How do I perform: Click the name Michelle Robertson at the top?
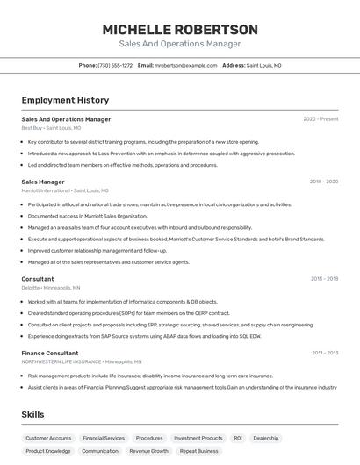point(180,30)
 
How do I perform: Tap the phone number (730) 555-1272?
point(115,65)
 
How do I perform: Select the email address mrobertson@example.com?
point(186,65)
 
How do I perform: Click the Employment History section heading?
point(65,100)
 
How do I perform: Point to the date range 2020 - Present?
point(320,118)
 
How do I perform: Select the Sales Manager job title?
point(43,182)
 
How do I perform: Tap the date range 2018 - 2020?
point(323,182)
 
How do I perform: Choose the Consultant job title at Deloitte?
point(38,279)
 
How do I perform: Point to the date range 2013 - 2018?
point(324,279)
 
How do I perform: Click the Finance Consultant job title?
point(50,353)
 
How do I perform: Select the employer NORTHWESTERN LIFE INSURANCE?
point(61,361)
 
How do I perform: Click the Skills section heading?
point(33,414)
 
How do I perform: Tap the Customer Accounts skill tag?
point(48,438)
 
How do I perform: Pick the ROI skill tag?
point(238,438)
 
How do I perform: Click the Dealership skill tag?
point(266,438)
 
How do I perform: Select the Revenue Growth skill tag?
point(148,451)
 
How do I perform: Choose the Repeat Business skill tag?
point(199,451)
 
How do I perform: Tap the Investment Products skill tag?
point(198,438)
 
